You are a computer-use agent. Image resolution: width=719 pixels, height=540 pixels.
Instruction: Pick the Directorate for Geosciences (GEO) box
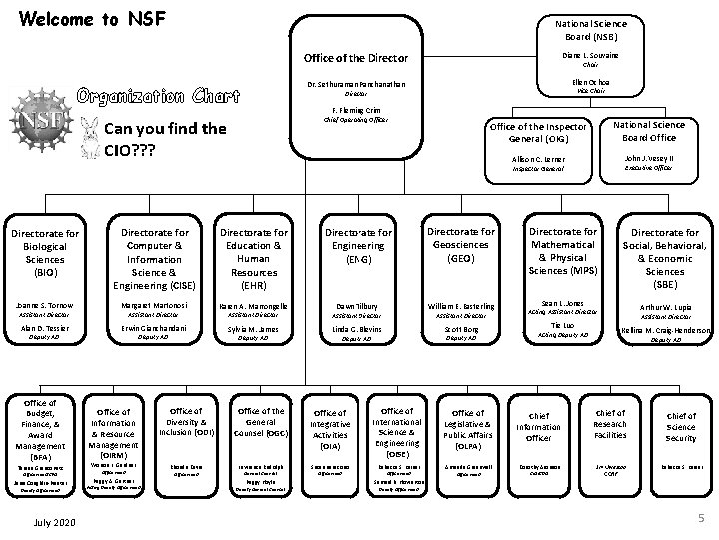coord(461,245)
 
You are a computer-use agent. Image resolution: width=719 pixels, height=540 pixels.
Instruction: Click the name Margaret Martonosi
coord(153,305)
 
